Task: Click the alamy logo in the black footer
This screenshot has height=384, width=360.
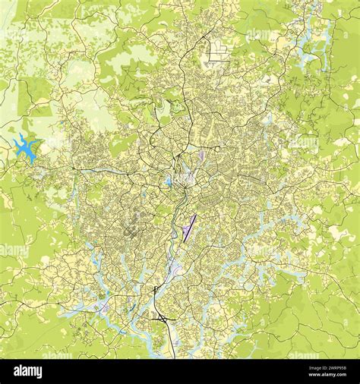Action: [x=29, y=370]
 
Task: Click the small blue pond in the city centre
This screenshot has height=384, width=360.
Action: [x=168, y=181]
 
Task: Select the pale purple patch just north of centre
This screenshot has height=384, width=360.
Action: [x=201, y=155]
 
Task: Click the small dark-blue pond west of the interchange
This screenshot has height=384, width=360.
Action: [x=103, y=307]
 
